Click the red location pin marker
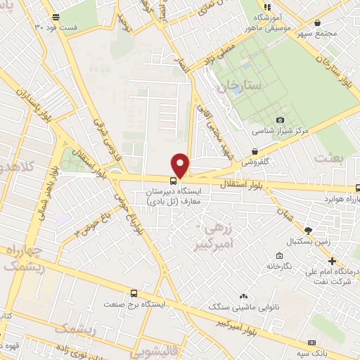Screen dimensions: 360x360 point(181,165)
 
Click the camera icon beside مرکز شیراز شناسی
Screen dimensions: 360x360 point(281,120)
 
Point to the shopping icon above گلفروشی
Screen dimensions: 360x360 point(254,150)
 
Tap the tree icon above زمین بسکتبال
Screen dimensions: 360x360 point(307,230)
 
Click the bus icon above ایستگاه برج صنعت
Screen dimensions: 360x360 point(134,292)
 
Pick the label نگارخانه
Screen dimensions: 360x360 point(278,266)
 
